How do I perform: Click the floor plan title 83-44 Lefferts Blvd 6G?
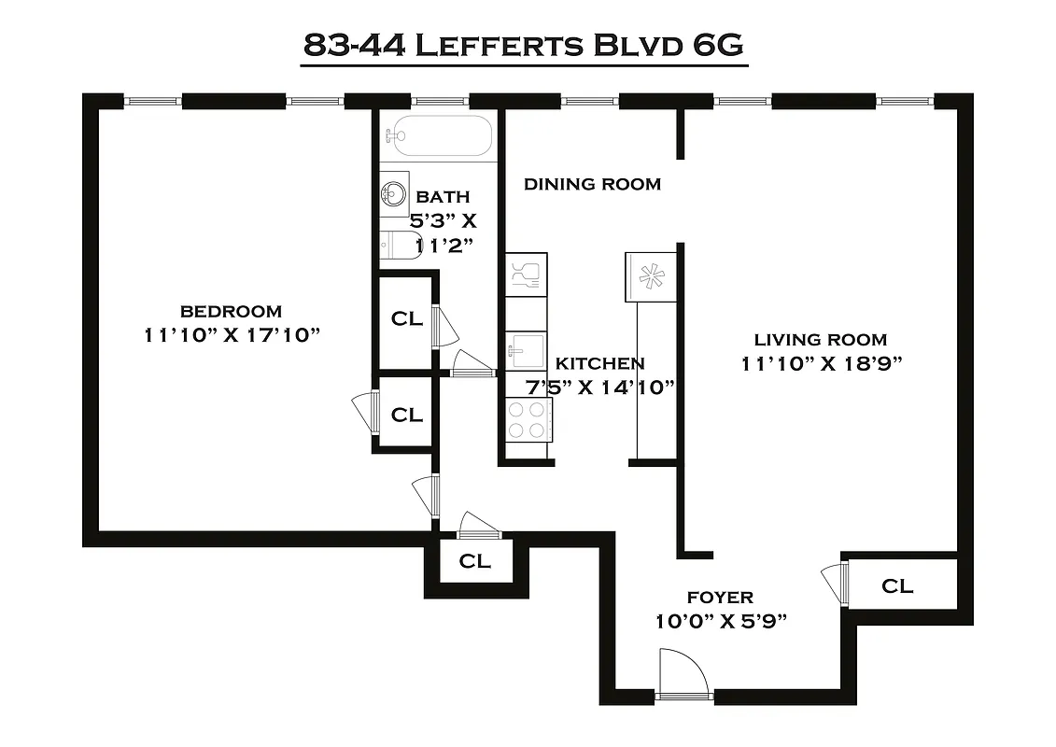(x=525, y=46)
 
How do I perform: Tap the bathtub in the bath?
(x=437, y=136)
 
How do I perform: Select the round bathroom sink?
(x=393, y=195)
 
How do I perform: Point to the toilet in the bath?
(x=397, y=245)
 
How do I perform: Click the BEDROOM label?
(x=231, y=311)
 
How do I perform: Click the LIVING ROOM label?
(x=820, y=340)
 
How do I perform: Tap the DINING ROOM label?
(x=592, y=184)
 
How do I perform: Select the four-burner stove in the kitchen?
(x=526, y=419)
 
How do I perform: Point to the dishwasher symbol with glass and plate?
(x=525, y=275)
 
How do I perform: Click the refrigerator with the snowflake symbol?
(x=651, y=276)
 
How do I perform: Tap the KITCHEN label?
(x=599, y=363)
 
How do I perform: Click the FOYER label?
(x=720, y=598)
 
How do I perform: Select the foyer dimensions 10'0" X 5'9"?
(x=720, y=621)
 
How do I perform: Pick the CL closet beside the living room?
(x=897, y=585)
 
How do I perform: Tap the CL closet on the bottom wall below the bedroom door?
(x=474, y=561)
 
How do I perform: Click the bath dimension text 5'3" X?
(x=444, y=221)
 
